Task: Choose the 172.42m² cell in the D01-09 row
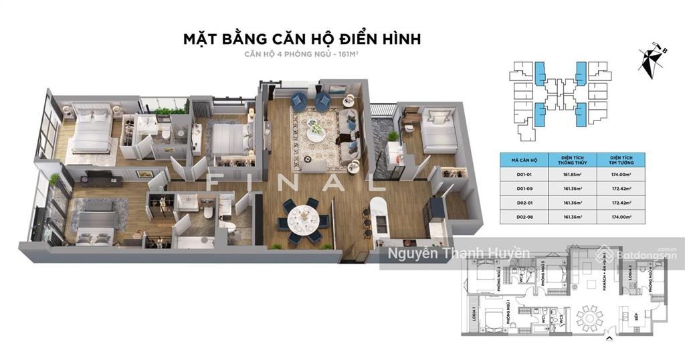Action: pyautogui.click(x=628, y=189)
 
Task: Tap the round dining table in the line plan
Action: pyautogui.click(x=589, y=314)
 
